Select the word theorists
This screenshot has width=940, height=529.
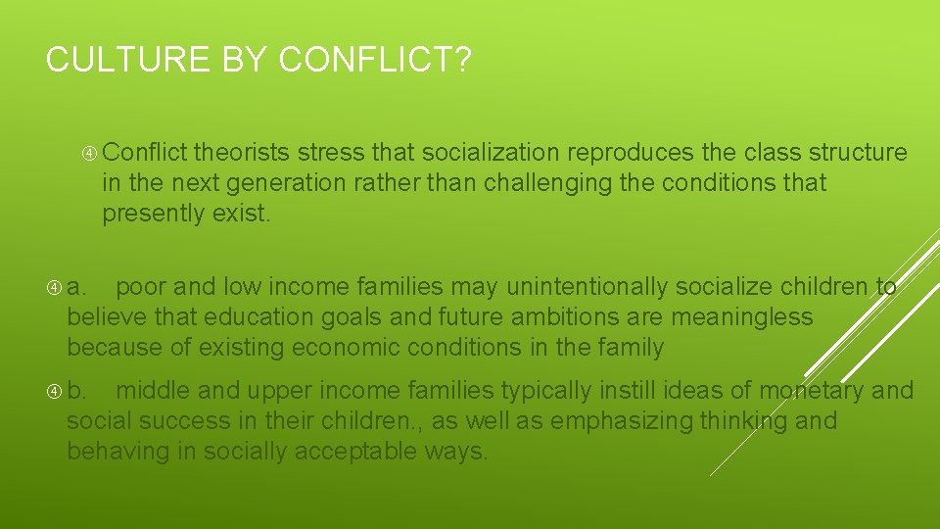[x=242, y=153]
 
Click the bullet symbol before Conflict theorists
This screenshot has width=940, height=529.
[x=90, y=153]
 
